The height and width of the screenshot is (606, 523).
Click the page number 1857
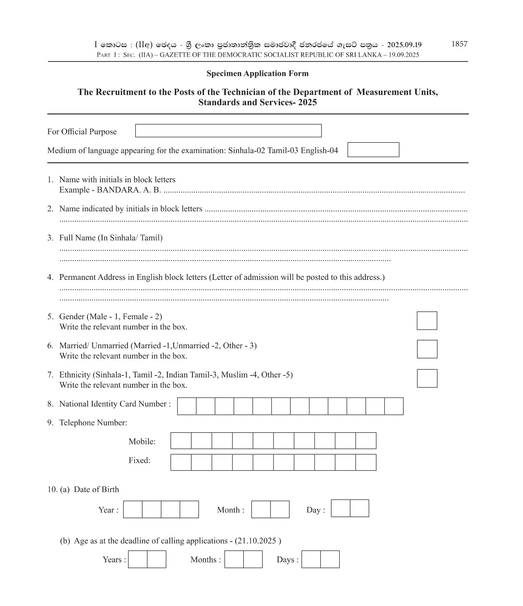(459, 44)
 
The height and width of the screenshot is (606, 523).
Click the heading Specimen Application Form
(257, 73)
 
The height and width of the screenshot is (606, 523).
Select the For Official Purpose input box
(228, 131)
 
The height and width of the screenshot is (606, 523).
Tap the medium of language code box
(373, 150)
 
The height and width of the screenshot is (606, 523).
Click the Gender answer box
(427, 320)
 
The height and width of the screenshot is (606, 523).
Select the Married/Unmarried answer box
(427, 349)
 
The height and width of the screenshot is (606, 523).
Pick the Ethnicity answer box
(427, 378)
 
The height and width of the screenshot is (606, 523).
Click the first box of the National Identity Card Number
(187, 406)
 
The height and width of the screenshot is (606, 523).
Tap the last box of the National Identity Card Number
(394, 406)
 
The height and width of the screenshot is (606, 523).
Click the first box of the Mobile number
(181, 441)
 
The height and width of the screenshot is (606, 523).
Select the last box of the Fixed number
(366, 462)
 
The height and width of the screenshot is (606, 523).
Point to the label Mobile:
(142, 441)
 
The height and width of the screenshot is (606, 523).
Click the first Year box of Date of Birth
(132, 509)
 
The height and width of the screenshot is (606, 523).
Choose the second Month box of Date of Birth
(280, 509)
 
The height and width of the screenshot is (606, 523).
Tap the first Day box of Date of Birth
(340, 508)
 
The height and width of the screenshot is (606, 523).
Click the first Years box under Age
(137, 559)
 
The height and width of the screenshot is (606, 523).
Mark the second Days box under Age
(330, 559)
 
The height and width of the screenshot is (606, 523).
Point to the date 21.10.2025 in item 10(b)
(257, 541)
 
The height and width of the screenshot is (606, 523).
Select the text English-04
(320, 150)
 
